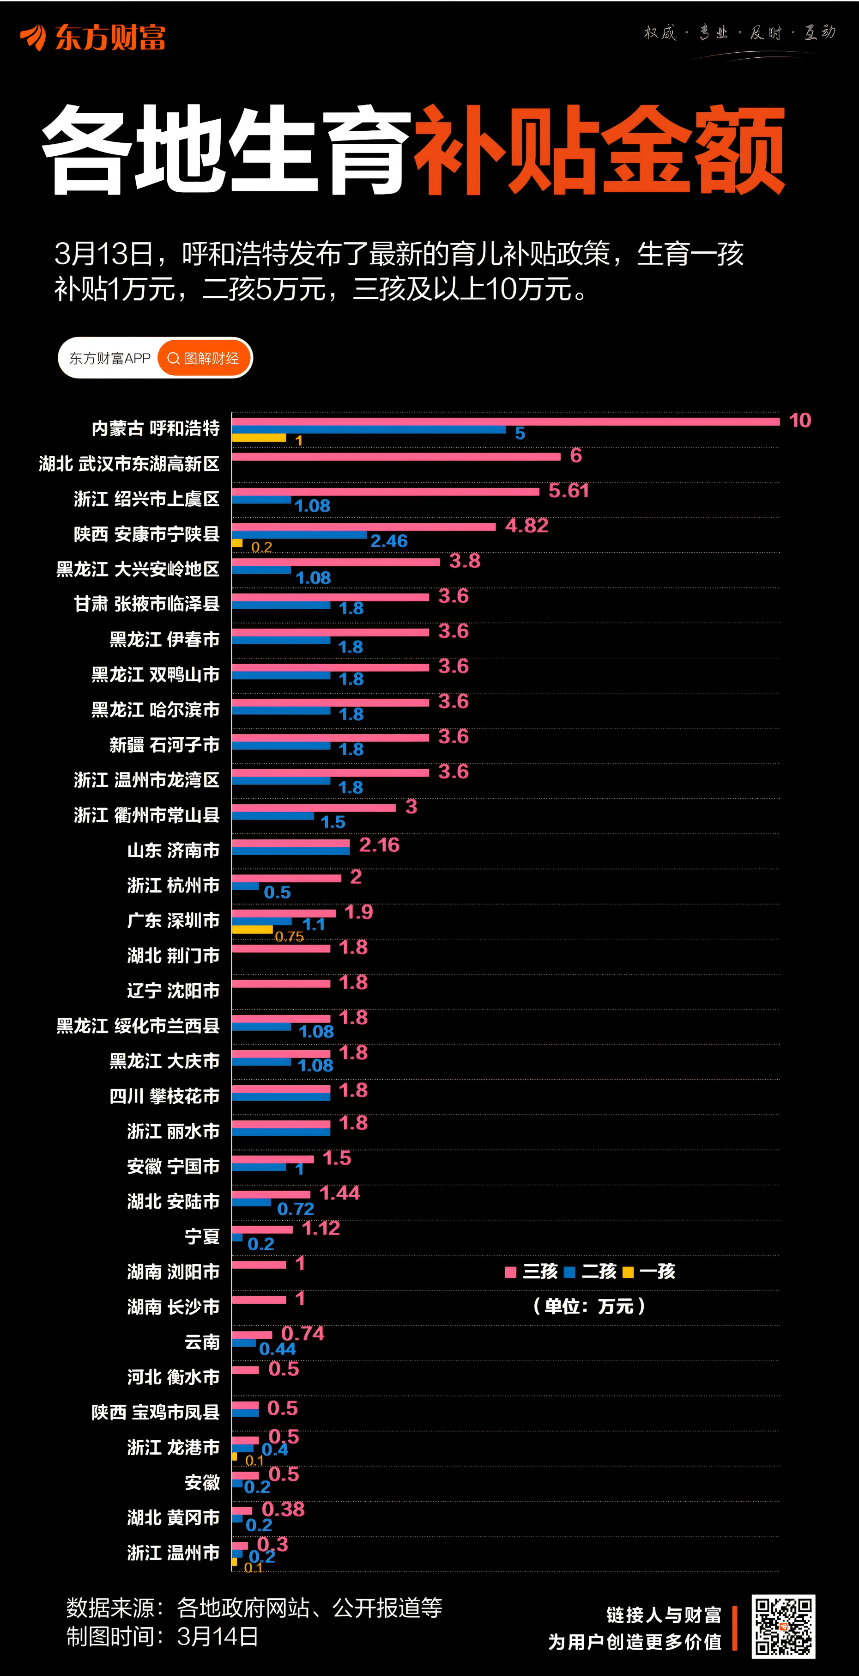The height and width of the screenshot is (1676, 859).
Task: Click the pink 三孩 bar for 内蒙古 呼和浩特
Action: (505, 422)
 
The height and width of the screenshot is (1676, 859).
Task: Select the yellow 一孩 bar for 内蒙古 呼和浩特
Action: (259, 438)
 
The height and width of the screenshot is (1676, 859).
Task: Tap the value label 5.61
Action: (569, 490)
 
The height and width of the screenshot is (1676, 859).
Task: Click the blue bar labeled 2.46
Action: (299, 535)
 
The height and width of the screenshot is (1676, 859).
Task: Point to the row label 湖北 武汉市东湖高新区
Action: (129, 464)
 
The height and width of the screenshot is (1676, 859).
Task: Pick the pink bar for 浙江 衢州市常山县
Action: (314, 808)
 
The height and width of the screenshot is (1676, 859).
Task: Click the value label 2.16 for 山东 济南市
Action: (379, 845)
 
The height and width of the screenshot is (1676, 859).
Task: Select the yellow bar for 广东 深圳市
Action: (252, 930)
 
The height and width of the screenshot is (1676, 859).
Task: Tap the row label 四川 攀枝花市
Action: (164, 1096)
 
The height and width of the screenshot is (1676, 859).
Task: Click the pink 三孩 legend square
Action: (510, 1272)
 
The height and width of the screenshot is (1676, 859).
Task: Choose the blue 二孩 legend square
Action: (569, 1272)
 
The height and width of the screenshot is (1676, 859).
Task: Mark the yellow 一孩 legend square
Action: (628, 1272)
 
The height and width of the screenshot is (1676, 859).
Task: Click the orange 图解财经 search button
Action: (204, 358)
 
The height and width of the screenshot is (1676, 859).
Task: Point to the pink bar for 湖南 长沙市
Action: (259, 1300)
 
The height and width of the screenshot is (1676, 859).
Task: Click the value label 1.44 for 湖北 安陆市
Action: (339, 1193)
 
